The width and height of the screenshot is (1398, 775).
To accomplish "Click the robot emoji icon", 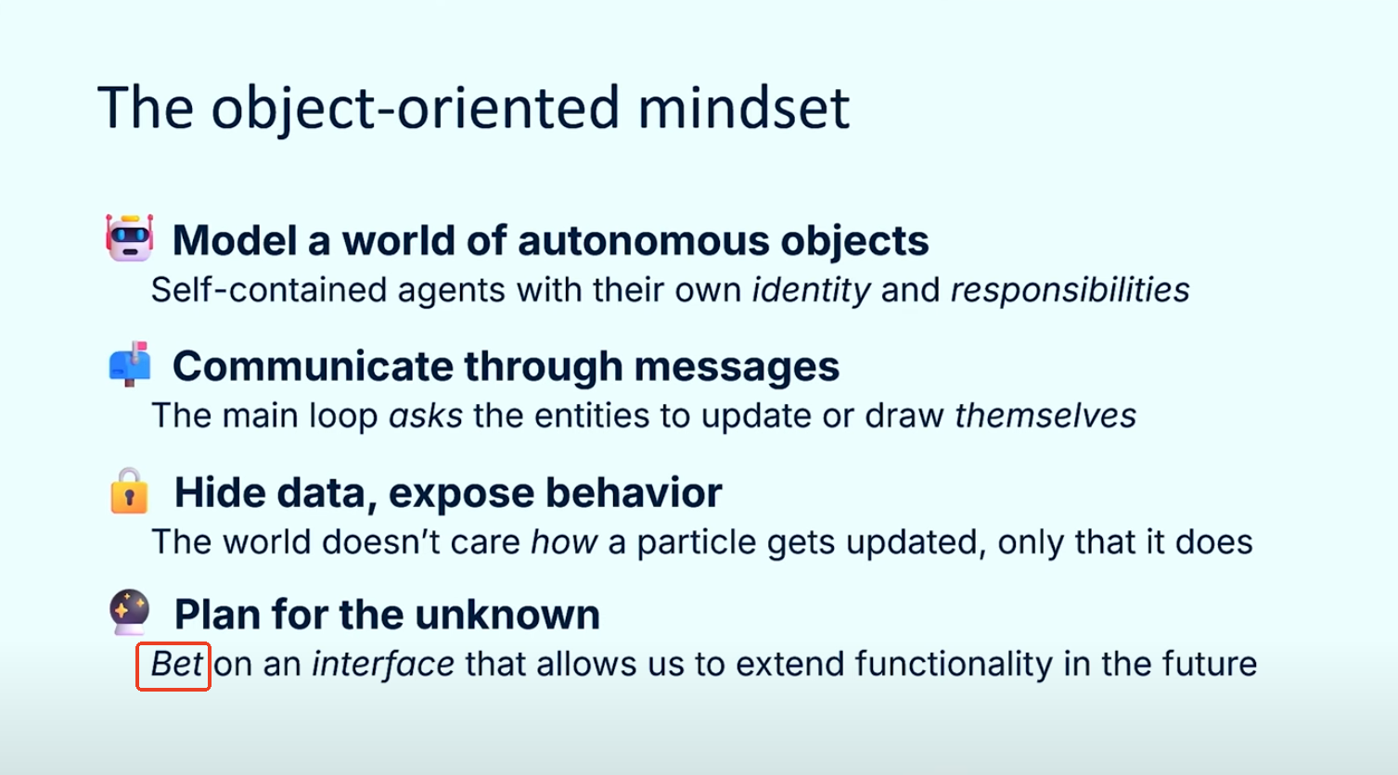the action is pyautogui.click(x=129, y=237).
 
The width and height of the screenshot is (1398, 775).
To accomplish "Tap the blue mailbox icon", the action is pyautogui.click(x=130, y=364).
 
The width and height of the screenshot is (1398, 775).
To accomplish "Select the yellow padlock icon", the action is pyautogui.click(x=129, y=490).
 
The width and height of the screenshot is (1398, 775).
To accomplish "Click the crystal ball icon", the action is pyautogui.click(x=130, y=612).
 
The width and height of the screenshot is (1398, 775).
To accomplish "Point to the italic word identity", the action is pyautogui.click(x=811, y=290).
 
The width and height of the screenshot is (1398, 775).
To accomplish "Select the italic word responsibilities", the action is pyautogui.click(x=1070, y=290).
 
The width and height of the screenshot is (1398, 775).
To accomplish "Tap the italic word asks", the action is pyautogui.click(x=426, y=416).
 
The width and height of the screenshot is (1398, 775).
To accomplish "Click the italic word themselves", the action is pyautogui.click(x=1045, y=416).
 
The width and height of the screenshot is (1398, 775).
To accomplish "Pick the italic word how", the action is pyautogui.click(x=564, y=541).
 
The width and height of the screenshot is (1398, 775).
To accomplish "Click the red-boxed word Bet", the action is pyautogui.click(x=176, y=664).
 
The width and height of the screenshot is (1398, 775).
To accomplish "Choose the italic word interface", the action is pyautogui.click(x=382, y=664).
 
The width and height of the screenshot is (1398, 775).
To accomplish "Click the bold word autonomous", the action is pyautogui.click(x=644, y=241).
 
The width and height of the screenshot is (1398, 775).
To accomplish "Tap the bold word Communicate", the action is pyautogui.click(x=313, y=366).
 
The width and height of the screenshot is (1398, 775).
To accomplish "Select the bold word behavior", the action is pyautogui.click(x=634, y=492).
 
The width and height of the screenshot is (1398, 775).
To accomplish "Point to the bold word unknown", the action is pyautogui.click(x=507, y=615).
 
